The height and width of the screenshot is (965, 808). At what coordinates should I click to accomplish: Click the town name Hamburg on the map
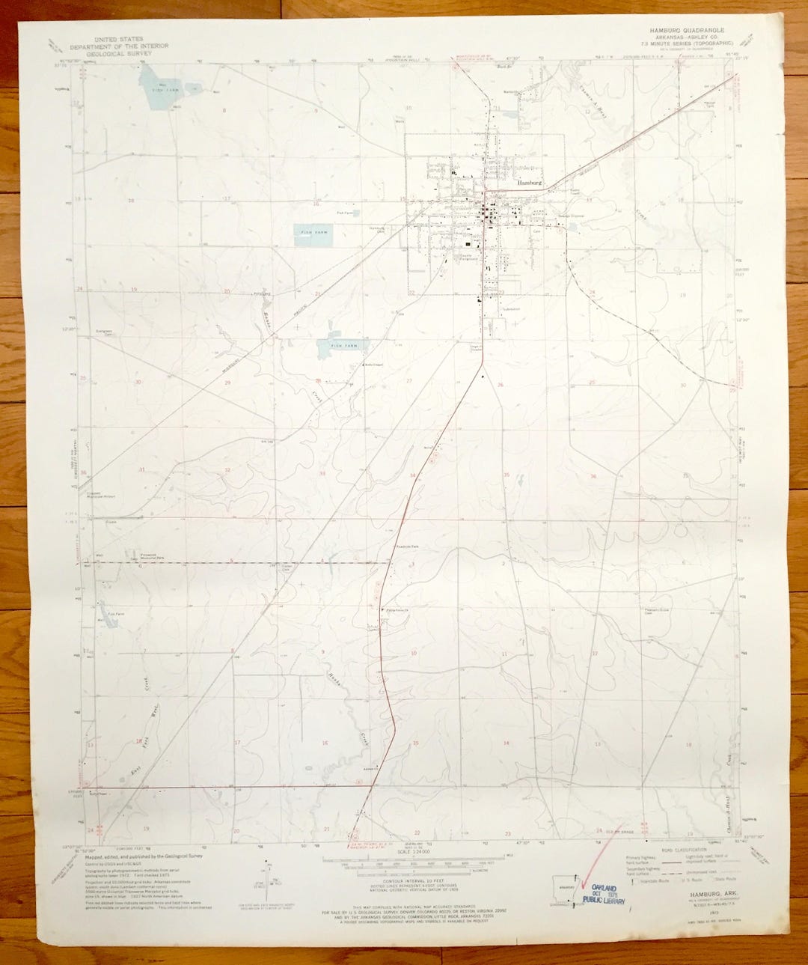click(528, 182)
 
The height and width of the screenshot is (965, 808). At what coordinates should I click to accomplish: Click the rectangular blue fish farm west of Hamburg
click(313, 234)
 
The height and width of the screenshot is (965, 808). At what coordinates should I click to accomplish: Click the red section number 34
click(412, 475)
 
